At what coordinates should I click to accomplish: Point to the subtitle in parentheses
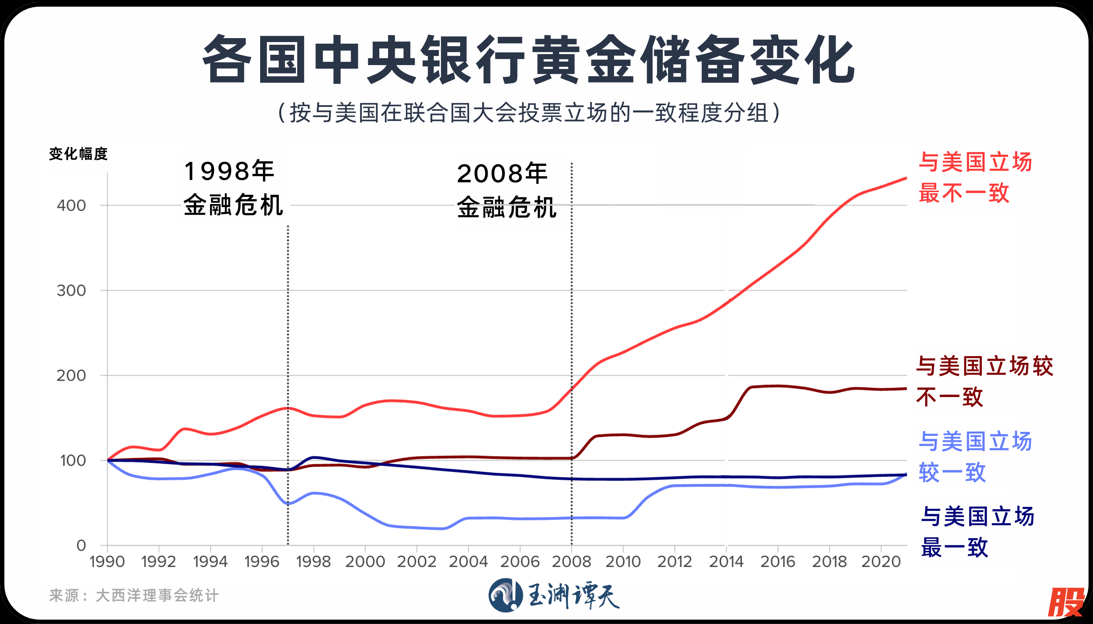coord(528,113)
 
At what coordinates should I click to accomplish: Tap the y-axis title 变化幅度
coord(78,154)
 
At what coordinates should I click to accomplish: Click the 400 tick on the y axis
coord(71,205)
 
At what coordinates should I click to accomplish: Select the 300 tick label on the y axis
coord(71,291)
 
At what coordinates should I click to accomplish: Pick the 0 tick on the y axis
coord(81,545)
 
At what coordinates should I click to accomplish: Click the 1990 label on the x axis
coord(107,561)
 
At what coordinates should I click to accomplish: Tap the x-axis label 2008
coord(571,561)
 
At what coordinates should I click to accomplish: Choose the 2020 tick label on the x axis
coord(881,561)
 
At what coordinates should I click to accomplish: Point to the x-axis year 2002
coord(416,561)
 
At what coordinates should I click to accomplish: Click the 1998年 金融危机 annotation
coord(234,188)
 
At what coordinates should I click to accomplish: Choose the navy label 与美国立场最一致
coord(977,532)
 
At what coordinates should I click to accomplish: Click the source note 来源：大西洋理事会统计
coord(134,595)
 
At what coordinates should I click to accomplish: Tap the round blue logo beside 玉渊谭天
coord(505,595)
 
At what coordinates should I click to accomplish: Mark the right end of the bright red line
coord(906,178)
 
